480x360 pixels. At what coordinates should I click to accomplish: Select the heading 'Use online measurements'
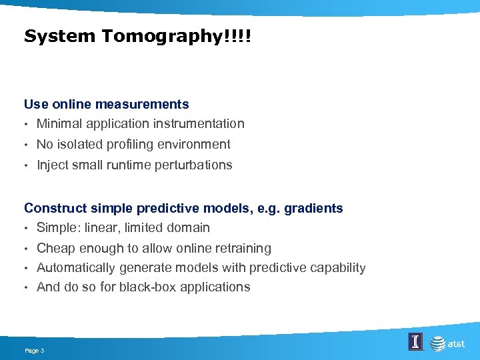(106, 104)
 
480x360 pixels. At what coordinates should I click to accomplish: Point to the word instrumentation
(199, 123)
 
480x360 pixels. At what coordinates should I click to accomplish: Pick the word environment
(191, 144)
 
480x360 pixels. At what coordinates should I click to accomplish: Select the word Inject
(52, 165)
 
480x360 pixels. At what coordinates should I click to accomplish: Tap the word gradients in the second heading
(313, 208)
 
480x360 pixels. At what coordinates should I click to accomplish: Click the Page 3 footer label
(34, 350)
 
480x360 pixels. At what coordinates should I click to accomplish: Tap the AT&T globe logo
(437, 343)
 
